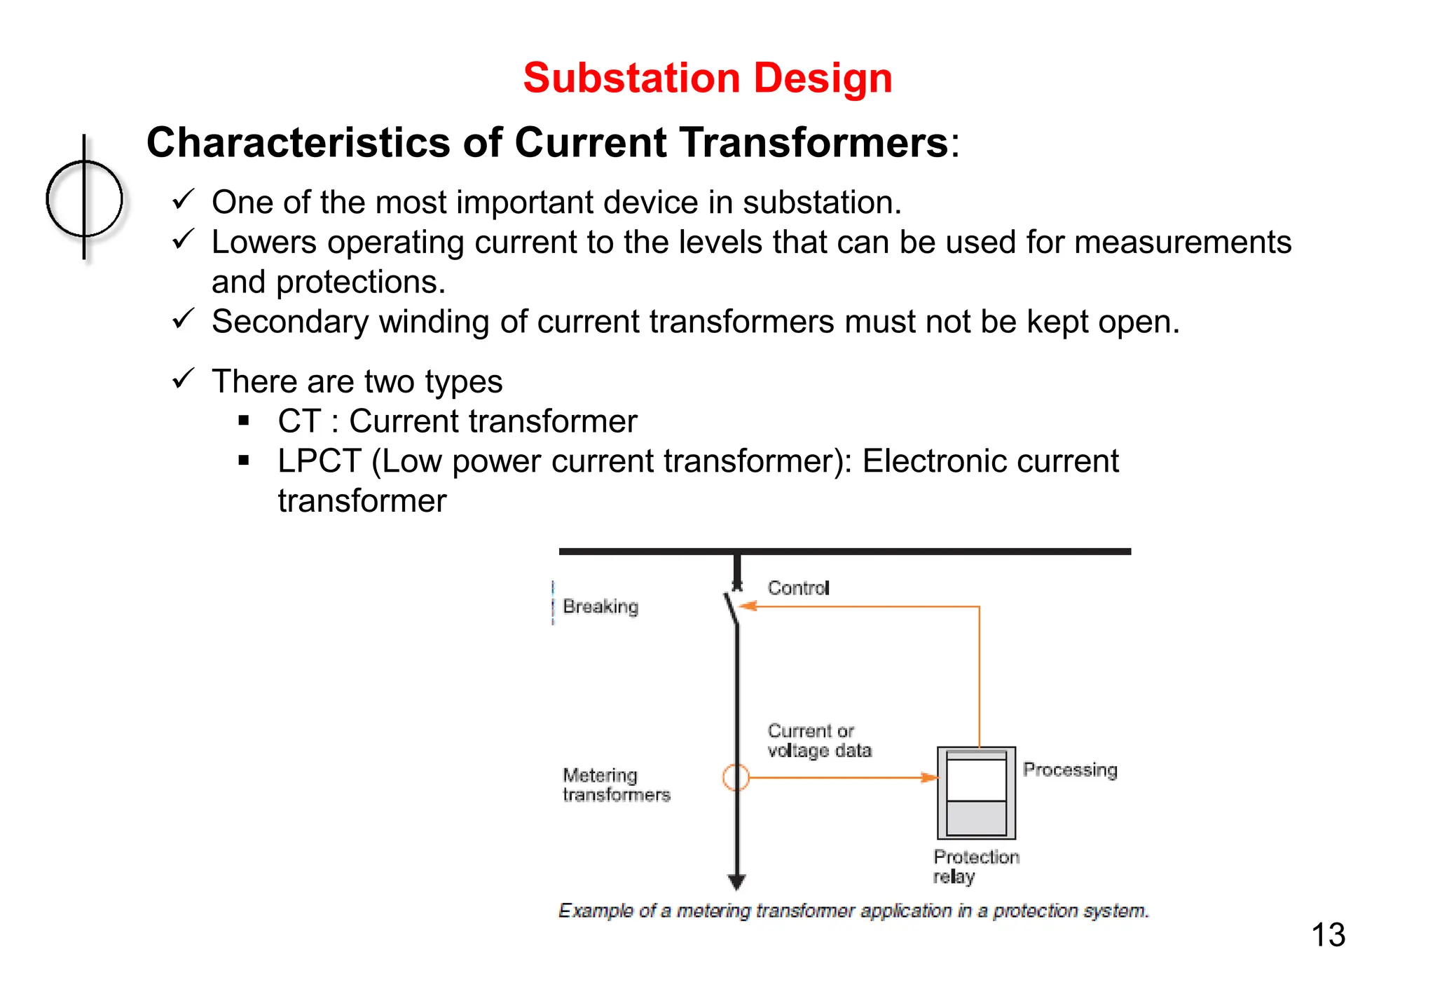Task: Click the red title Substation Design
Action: click(x=707, y=78)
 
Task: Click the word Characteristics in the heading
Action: click(x=298, y=143)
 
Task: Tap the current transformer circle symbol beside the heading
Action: click(x=84, y=198)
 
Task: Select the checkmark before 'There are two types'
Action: click(x=183, y=379)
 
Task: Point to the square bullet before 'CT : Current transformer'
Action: click(x=244, y=421)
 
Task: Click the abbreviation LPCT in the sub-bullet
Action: click(x=319, y=461)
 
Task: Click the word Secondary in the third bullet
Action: click(x=289, y=322)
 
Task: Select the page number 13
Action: click(x=1328, y=935)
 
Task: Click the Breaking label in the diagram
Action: click(x=600, y=606)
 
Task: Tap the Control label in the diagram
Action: click(x=798, y=588)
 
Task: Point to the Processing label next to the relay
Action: click(x=1070, y=770)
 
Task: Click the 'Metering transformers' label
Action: click(x=616, y=785)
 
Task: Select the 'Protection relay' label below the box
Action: click(x=975, y=866)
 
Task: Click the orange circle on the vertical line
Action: click(x=736, y=777)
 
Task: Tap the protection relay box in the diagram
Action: click(x=976, y=793)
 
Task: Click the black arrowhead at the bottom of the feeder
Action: click(x=736, y=881)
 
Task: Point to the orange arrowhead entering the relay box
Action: click(x=928, y=777)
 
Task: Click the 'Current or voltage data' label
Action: click(x=819, y=741)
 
